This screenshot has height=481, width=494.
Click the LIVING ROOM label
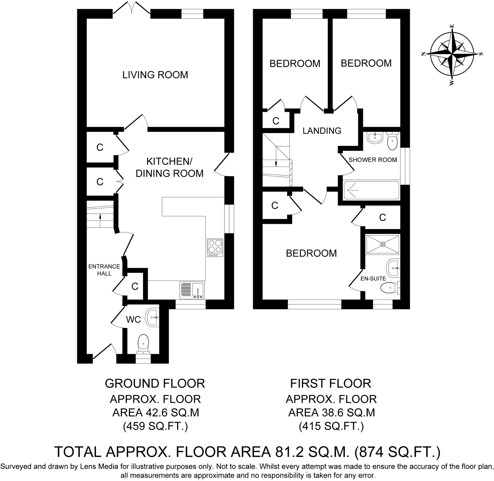pos(155,75)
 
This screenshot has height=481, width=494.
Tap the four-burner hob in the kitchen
pos(215,247)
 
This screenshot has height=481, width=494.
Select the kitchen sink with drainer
pos(192,290)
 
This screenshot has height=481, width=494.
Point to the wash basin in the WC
pos(152,317)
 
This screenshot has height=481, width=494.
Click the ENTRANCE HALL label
pos(104,270)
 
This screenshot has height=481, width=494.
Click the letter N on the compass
pos(423,54)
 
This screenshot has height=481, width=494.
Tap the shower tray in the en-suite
pos(382,244)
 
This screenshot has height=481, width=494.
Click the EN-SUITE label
pos(373,279)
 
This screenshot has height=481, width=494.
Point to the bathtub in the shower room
pos(371,190)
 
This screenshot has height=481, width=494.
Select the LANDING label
pos(322,131)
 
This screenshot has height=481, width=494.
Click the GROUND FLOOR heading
pos(155,384)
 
